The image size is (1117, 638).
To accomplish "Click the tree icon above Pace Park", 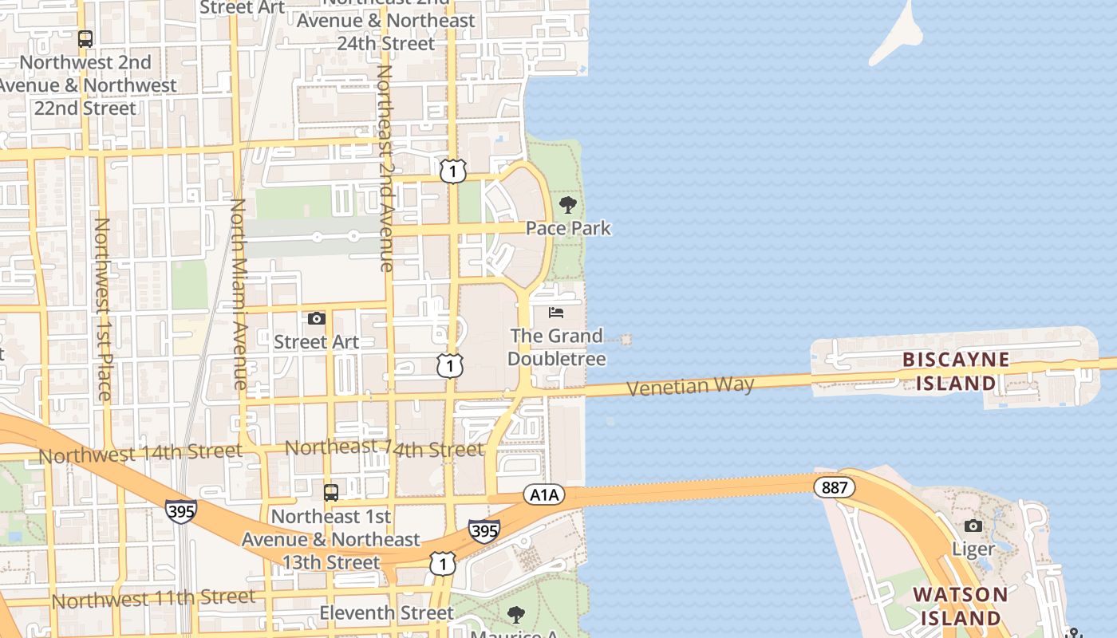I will coord(568,205).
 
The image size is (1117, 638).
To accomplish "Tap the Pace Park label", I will coord(568,228).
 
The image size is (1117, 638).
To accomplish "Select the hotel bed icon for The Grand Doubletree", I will coord(556,313).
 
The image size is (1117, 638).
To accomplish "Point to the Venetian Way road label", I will coord(690,387).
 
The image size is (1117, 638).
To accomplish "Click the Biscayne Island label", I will coord(956,372).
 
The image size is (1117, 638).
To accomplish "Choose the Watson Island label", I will coord(960,606).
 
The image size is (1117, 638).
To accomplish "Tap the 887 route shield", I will coord(835,486).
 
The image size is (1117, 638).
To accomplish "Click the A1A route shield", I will coord(544,494).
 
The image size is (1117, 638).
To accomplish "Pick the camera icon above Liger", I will coord(973,526).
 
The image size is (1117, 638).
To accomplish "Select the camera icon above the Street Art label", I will coord(317,319).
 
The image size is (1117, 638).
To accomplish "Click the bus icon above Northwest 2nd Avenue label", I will coord(85,38).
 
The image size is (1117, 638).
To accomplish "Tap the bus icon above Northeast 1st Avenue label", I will coord(331,492).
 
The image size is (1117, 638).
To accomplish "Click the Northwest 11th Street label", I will coord(154,598).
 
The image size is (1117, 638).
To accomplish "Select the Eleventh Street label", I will coord(386,612).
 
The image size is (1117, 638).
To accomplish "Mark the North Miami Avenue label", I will coord(239,295).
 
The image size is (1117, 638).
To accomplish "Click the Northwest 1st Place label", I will coord(102,309).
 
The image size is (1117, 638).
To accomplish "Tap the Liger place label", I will coord(973,549).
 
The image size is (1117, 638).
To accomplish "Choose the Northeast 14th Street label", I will coord(385,448).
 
